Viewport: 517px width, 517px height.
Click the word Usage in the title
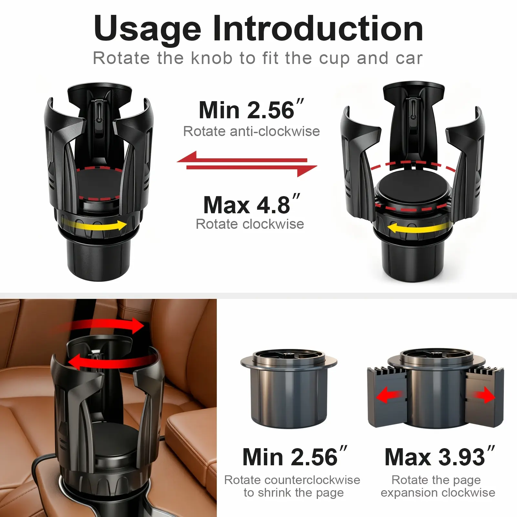[148, 30]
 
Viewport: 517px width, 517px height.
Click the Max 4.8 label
[252, 204]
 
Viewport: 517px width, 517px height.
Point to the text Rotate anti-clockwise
[251, 131]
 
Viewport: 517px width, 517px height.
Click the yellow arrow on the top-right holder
[419, 228]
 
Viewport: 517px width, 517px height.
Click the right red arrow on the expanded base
[483, 396]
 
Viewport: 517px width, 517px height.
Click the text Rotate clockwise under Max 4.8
[250, 224]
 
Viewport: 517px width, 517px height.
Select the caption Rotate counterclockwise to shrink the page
[292, 486]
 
